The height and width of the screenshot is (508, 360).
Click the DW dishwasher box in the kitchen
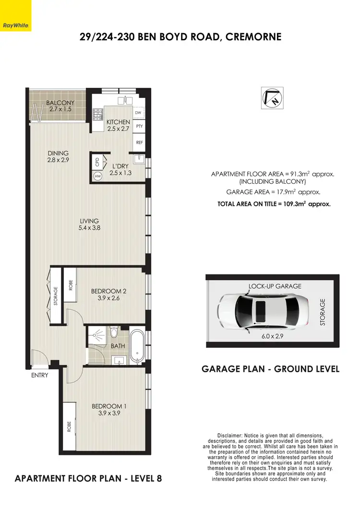(x=138, y=113)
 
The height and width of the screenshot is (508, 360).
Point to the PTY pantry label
(x=140, y=126)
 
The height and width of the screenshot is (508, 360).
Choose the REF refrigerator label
(x=140, y=142)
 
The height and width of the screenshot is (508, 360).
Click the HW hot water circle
(x=98, y=177)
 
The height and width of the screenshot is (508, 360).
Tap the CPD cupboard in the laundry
(x=97, y=162)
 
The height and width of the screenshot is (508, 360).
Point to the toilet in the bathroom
(x=114, y=332)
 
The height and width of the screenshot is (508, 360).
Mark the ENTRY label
(x=40, y=375)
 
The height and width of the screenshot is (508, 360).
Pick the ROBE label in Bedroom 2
(x=71, y=286)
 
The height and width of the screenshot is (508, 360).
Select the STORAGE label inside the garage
(x=323, y=312)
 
